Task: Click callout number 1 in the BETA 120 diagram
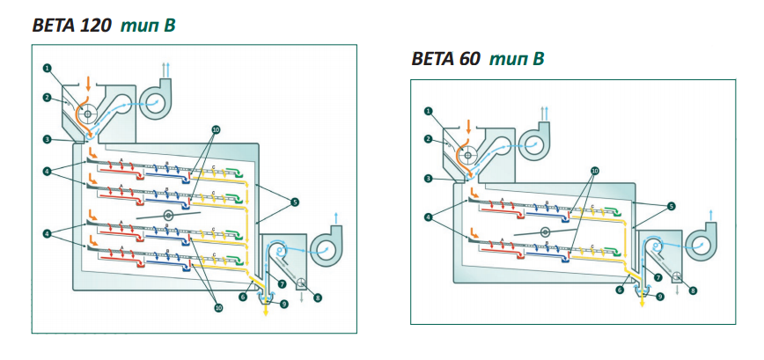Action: point(48,68)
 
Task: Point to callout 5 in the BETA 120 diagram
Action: point(296,202)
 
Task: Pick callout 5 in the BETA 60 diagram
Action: point(671,206)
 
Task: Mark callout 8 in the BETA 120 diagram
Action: point(318,298)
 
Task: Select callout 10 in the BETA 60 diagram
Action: point(595,169)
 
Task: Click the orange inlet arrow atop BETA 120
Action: point(90,84)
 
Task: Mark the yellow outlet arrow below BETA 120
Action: point(265,310)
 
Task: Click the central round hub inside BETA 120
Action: point(167,214)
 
